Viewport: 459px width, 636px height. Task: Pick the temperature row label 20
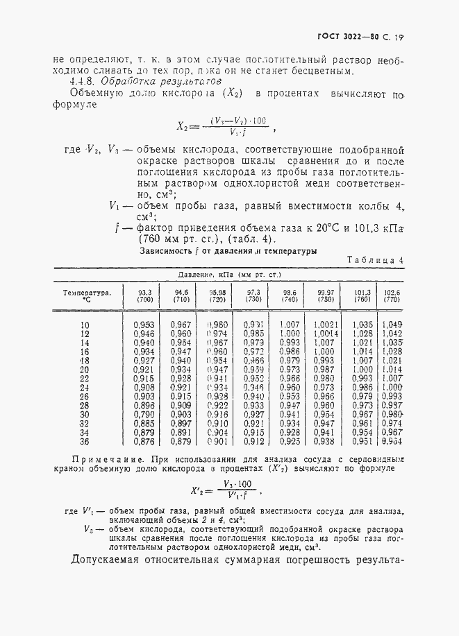(x=85, y=370)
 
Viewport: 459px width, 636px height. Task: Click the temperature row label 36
(x=85, y=440)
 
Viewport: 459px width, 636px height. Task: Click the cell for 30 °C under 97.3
(x=253, y=414)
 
